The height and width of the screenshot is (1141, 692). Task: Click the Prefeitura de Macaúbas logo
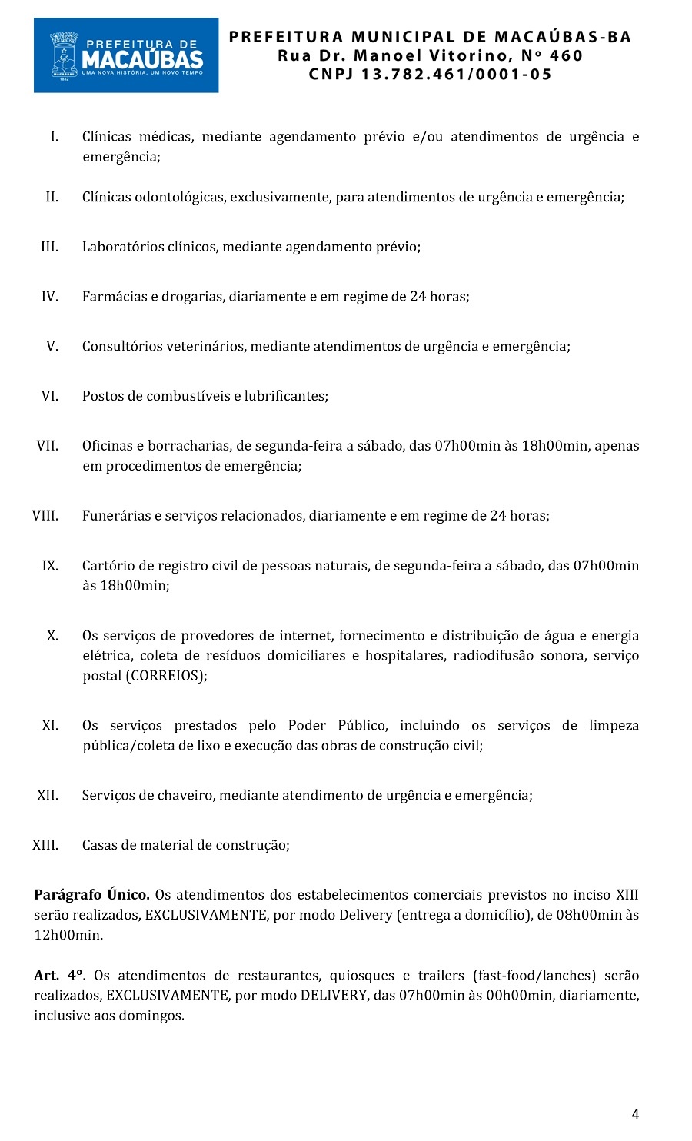click(x=126, y=55)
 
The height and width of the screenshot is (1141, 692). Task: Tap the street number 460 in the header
click(x=567, y=55)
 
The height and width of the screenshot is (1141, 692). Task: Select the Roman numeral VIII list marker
click(x=45, y=516)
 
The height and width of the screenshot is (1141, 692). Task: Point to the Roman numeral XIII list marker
click(x=45, y=845)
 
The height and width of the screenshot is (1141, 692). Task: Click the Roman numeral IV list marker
click(x=50, y=297)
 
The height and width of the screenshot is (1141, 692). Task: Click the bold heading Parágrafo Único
click(x=91, y=895)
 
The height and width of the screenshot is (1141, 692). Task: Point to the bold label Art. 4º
click(x=58, y=976)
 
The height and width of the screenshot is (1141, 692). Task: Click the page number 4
click(x=635, y=1114)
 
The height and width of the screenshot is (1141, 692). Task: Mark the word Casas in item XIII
click(x=99, y=845)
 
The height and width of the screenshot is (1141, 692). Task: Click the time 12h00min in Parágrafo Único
click(x=68, y=936)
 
